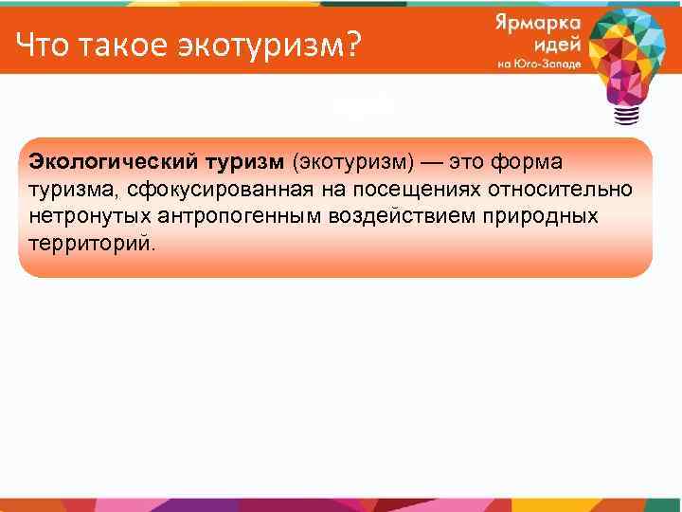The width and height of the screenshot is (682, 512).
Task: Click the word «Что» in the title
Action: point(43,44)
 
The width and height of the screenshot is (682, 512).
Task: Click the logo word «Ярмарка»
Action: point(535,27)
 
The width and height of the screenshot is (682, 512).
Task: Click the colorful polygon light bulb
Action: point(626,52)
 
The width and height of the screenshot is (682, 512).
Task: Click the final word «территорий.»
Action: point(84,242)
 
